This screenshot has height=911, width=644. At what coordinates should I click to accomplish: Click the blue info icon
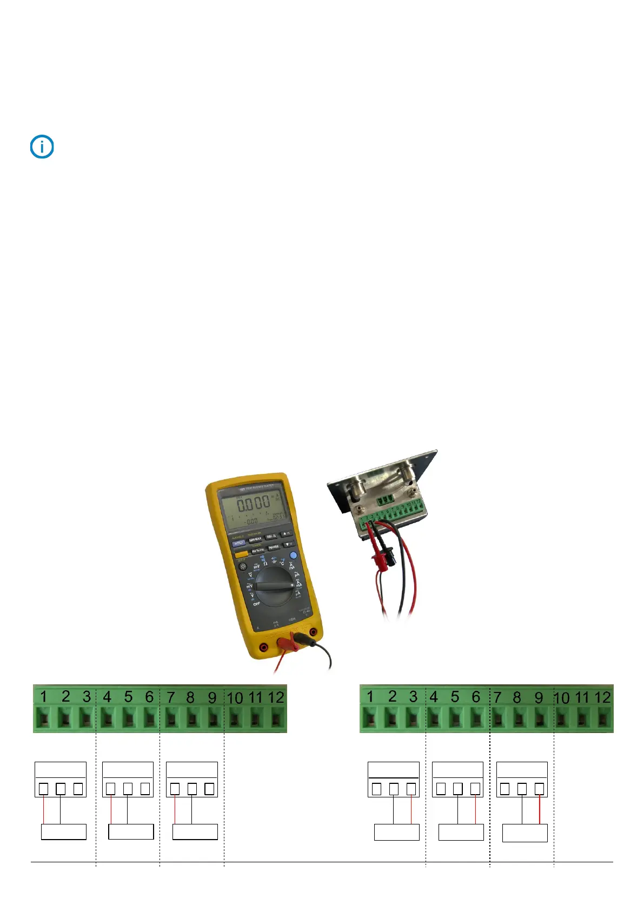(42, 147)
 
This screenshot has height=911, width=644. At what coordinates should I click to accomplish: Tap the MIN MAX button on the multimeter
(255, 539)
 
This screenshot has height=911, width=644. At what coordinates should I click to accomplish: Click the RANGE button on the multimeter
(274, 547)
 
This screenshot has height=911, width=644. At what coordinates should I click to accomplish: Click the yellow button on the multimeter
(241, 554)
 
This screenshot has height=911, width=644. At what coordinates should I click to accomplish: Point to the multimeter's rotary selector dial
(275, 586)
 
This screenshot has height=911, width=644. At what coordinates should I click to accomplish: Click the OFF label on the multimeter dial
(256, 604)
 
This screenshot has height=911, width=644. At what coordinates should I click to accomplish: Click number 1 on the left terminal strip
(44, 697)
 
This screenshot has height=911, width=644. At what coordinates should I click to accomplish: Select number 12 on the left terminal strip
(276, 697)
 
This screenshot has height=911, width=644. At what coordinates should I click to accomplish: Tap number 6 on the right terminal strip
(476, 697)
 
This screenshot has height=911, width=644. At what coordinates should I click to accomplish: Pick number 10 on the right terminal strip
(562, 698)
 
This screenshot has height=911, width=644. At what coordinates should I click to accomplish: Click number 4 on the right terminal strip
(434, 697)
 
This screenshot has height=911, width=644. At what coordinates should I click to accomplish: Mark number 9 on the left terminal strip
(212, 697)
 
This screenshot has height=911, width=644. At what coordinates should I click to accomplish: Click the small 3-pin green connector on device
(386, 500)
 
